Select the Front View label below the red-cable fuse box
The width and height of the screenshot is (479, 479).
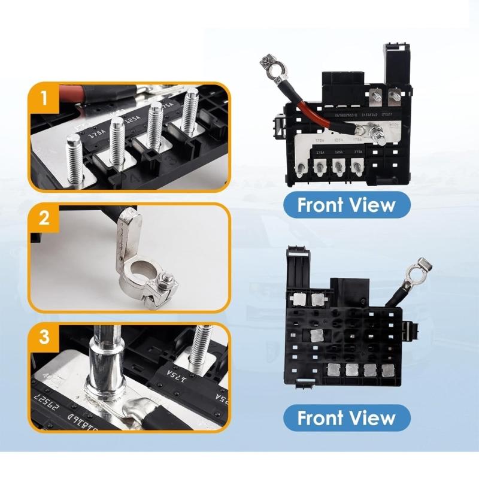pyautogui.click(x=347, y=205)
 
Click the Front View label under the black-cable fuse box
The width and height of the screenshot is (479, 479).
pyautogui.click(x=347, y=417)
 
